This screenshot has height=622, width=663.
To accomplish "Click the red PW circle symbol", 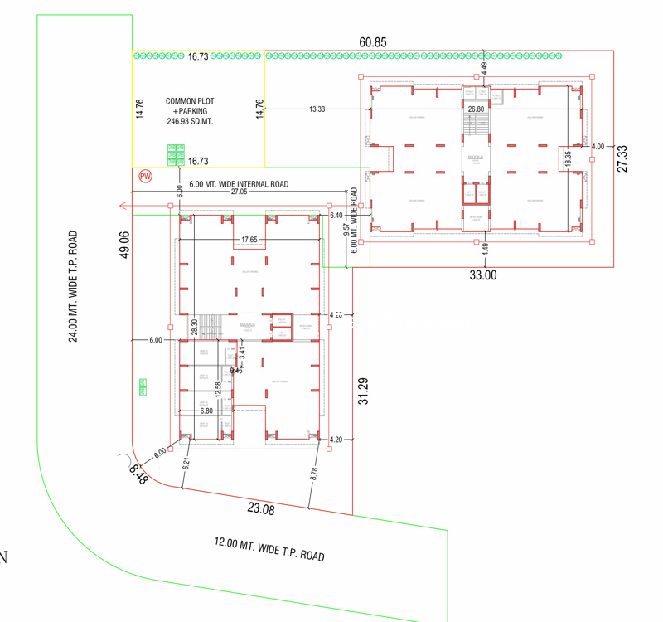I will pos(145,177).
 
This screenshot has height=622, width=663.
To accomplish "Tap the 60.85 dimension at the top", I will pos(373,42).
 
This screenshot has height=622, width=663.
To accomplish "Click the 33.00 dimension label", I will pos(483,275).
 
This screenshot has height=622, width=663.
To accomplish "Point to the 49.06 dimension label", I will pos(126,245).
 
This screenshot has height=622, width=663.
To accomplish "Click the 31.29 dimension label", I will pos(362,391).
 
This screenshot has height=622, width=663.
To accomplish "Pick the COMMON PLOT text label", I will pos(190,100).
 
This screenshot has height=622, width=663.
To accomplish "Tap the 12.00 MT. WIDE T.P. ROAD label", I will pos(269,549).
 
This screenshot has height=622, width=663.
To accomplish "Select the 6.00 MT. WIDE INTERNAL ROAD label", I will pos(239,183).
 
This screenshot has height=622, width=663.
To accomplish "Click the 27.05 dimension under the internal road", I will pos(239,192).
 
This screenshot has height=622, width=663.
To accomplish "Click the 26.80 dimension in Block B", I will pos(476,109).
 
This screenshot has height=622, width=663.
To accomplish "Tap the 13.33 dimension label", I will pos(317,109).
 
